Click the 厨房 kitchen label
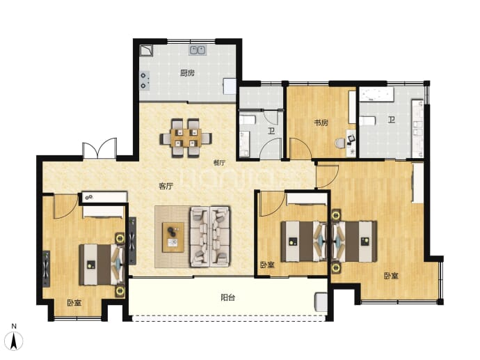coord(187,73)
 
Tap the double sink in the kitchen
coord(198,50)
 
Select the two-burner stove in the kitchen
coord(145,81)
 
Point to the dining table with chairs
coord(186,139)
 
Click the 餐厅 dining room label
coord(219,163)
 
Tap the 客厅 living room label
coord(166,186)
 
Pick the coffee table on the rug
coord(173,237)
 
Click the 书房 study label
coord(321,123)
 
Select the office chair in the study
coord(339,143)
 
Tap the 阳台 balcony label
coord(228,297)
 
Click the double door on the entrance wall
coord(99,148)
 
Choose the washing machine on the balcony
coord(321,302)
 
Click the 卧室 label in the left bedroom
coord(74,303)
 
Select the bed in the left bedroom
coord(102,265)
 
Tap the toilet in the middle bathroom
coord(248,120)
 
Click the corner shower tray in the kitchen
coord(146,51)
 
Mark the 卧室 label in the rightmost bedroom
coord(391,276)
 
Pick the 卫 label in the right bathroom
coord(392,120)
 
